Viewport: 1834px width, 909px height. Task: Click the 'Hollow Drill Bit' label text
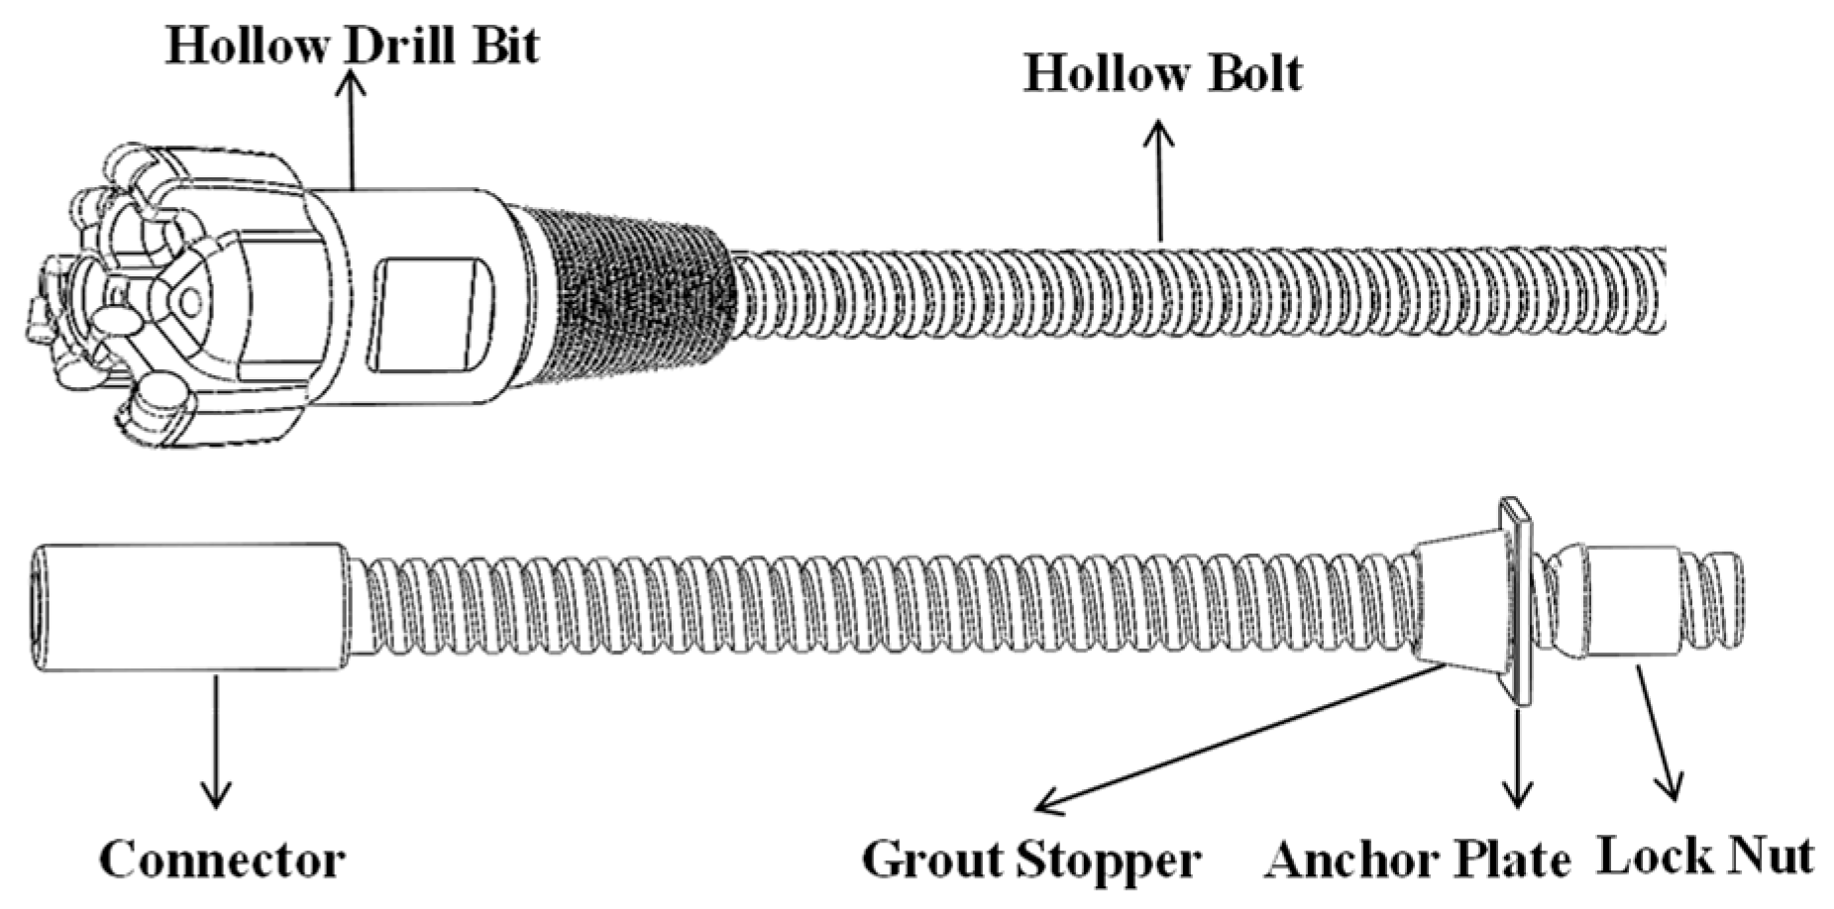pyautogui.click(x=352, y=46)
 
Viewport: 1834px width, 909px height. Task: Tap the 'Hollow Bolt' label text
pyautogui.click(x=1162, y=73)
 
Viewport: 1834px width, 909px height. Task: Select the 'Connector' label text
pyautogui.click(x=222, y=859)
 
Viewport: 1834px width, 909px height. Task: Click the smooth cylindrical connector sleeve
pyautogui.click(x=188, y=608)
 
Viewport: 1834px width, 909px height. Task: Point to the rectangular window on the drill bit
pyautogui.click(x=430, y=315)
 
